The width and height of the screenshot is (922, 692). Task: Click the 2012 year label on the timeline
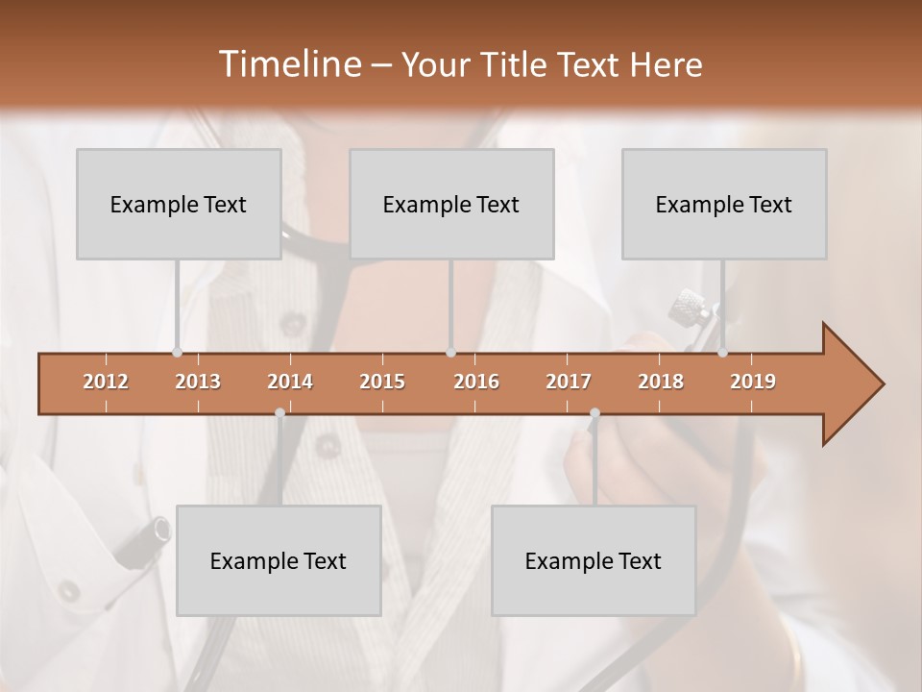106,382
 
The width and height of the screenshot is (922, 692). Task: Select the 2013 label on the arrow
198,382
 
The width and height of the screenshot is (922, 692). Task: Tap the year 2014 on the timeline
290,382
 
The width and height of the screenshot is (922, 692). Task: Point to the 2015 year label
382,382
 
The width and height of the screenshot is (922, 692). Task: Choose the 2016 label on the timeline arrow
476,382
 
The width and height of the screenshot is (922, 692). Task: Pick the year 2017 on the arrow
569,382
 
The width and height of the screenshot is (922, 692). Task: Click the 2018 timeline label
661,382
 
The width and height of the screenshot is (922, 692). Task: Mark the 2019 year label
753,382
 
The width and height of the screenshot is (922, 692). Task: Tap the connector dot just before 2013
177,353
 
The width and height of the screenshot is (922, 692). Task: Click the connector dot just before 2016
450,353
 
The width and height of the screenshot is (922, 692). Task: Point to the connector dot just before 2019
722,353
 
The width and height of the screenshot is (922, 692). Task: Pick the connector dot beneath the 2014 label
279,413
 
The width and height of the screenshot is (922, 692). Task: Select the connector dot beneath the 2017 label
594,413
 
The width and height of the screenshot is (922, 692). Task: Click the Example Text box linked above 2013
179,204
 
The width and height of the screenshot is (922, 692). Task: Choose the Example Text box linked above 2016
451,204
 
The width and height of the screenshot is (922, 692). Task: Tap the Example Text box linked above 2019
724,204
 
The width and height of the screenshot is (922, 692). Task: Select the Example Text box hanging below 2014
279,560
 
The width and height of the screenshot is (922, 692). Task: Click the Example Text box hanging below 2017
594,560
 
